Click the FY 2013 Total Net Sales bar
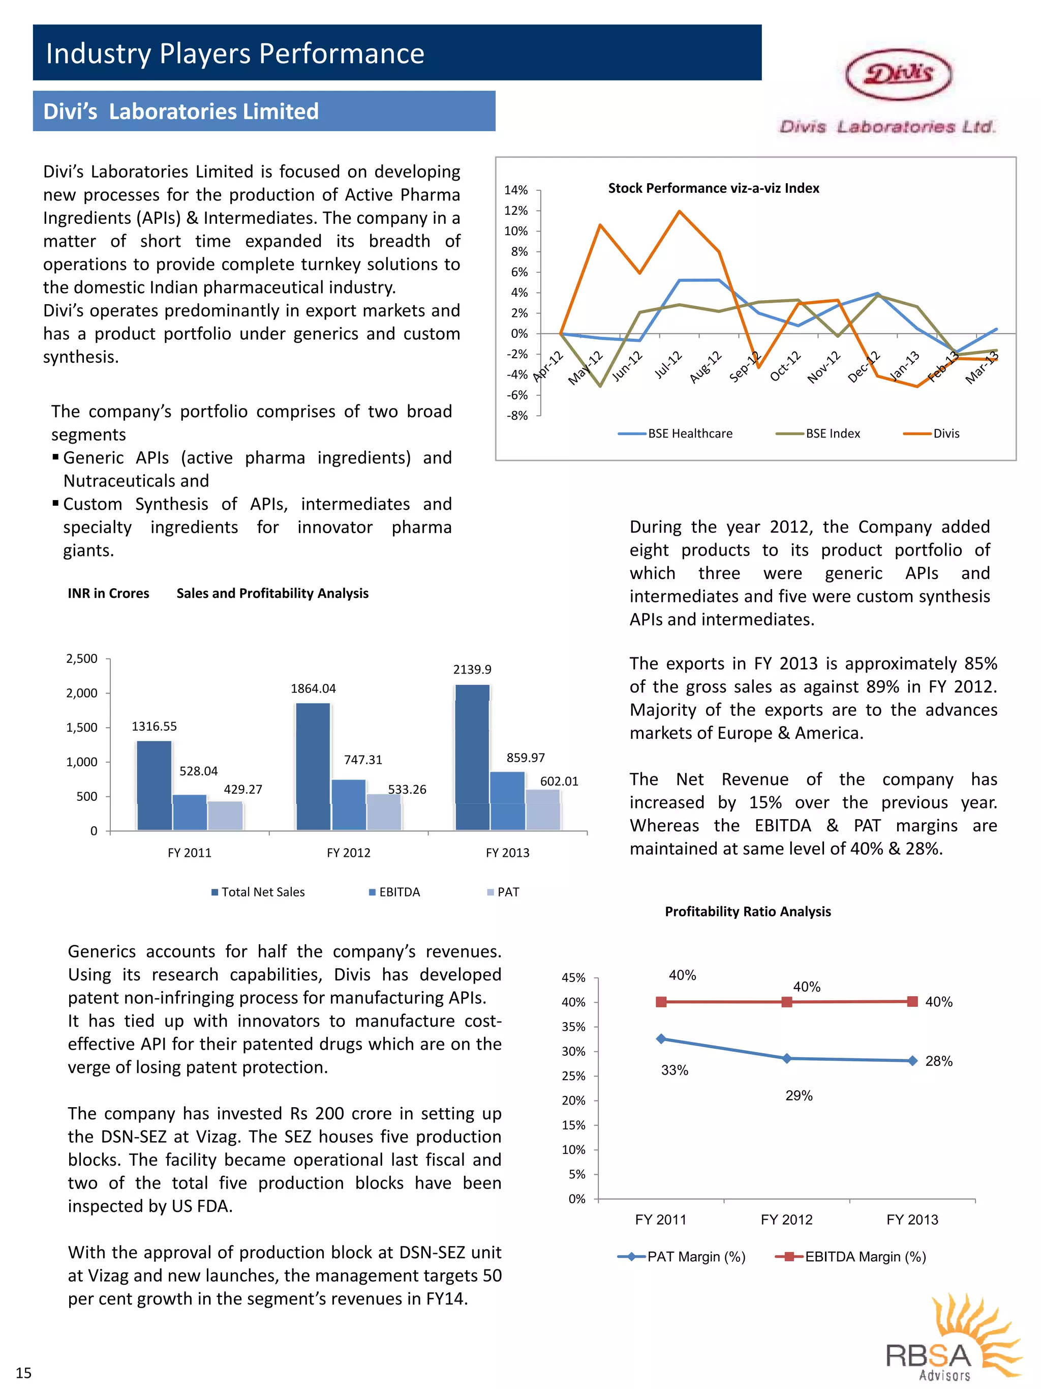pos(473,757)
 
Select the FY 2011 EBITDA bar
pos(190,812)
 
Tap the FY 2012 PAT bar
pos(383,812)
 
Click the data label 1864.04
pos(313,688)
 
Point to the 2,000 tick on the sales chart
pos(82,693)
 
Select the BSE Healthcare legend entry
pos(677,433)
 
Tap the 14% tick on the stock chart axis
pos(516,190)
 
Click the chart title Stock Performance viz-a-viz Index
pos(714,188)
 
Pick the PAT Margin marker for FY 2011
pos(661,1038)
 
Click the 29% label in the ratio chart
pos(799,1096)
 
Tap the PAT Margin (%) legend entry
pos(683,1257)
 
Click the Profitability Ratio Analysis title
pos(747,912)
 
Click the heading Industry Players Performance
pos(235,53)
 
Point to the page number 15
pos(23,1373)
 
